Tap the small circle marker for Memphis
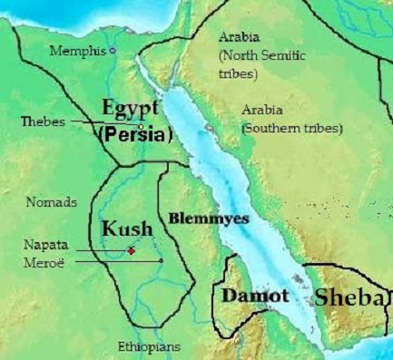tap(113, 51)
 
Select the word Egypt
tap(131, 109)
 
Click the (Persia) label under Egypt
tap(133, 134)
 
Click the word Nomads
tap(52, 202)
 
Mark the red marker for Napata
tap(132, 249)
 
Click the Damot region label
tap(251, 296)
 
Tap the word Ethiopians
tap(149, 347)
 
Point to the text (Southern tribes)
tap(291, 130)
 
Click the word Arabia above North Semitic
tap(239, 37)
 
